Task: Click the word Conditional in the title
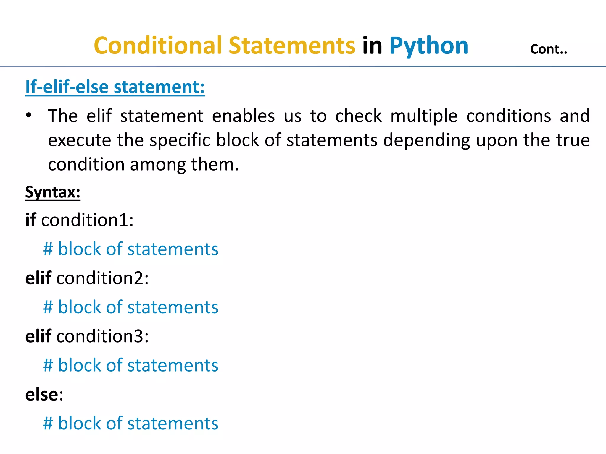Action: click(x=158, y=46)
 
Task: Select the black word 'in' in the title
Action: click(x=372, y=46)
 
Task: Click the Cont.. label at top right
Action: click(x=548, y=49)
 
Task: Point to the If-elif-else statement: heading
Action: click(x=115, y=87)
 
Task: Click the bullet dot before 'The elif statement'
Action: click(x=28, y=116)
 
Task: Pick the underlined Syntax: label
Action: click(x=53, y=192)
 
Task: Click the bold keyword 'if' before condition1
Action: click(x=30, y=220)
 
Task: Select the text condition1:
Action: click(x=87, y=220)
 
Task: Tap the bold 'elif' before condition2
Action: click(x=38, y=278)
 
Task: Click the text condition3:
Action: click(x=102, y=336)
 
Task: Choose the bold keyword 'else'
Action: click(x=42, y=394)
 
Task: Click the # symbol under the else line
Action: click(x=48, y=423)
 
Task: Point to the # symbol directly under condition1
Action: click(x=48, y=249)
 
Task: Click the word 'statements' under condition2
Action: click(x=173, y=307)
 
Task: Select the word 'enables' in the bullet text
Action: click(x=243, y=116)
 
